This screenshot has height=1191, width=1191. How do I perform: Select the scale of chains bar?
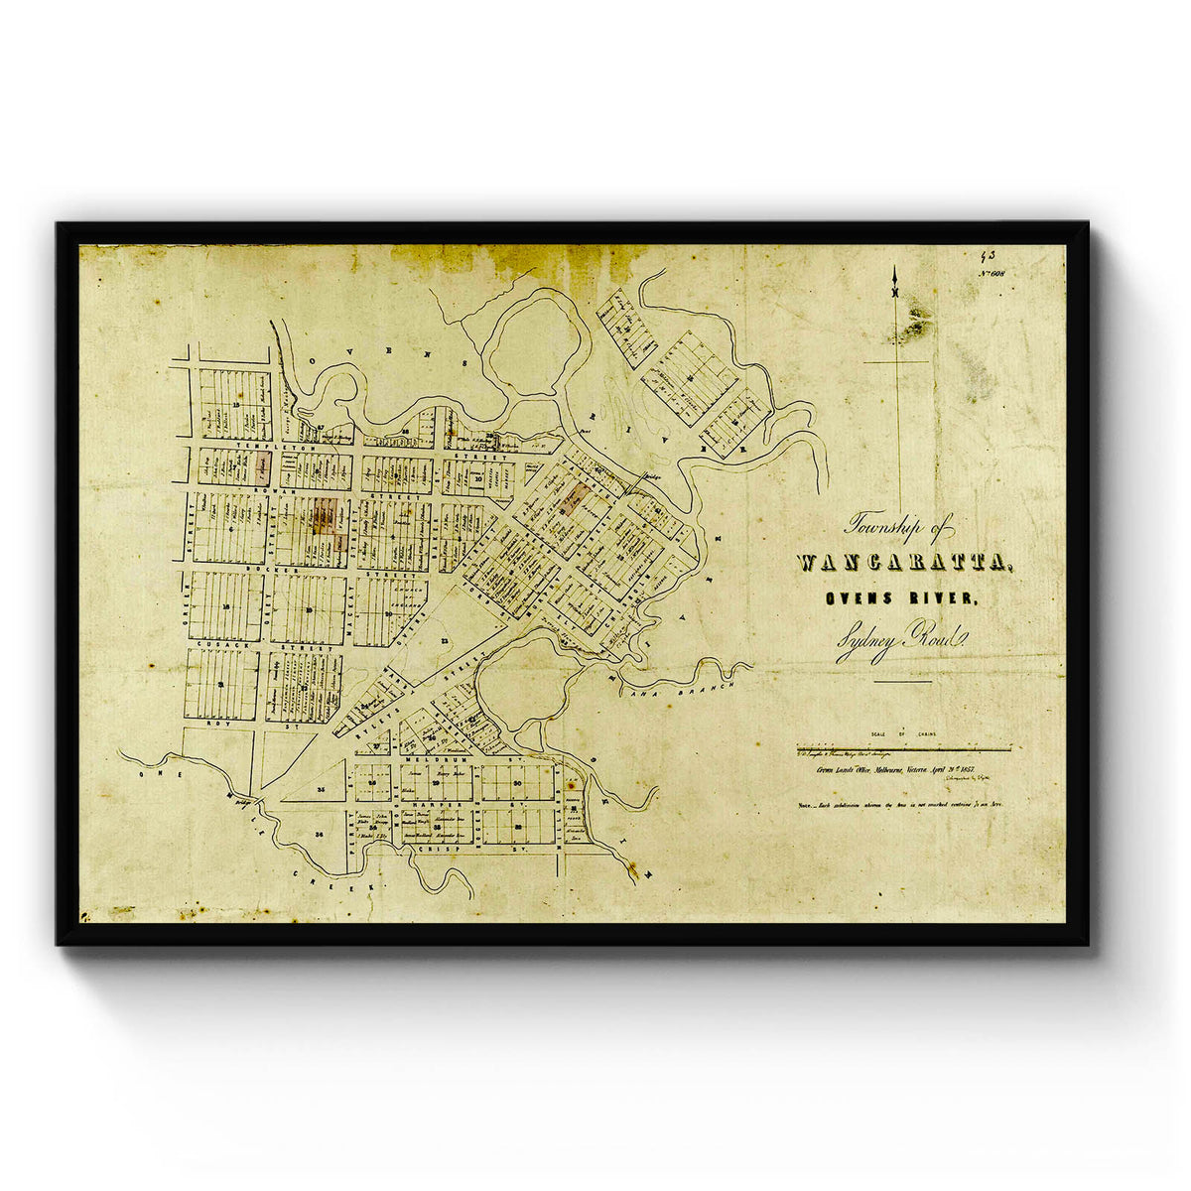[x=903, y=745]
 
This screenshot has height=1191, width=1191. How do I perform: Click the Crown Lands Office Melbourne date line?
[x=898, y=769]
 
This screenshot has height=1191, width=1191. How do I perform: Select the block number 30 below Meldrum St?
[x=519, y=783]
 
